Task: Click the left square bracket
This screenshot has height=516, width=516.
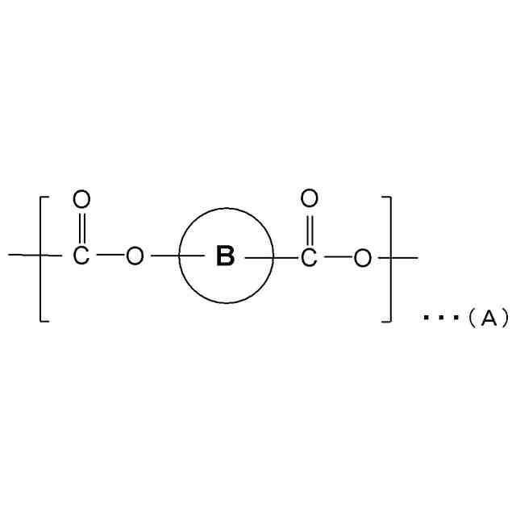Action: pos(40,258)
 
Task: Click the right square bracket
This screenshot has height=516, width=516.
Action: pos(391,258)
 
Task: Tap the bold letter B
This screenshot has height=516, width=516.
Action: pos(226,257)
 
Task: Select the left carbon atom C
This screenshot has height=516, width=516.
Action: pos(81,257)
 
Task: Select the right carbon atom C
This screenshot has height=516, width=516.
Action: pos(309,257)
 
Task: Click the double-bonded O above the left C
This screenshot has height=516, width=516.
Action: pos(81,198)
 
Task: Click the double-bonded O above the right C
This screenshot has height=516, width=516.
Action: pos(309,198)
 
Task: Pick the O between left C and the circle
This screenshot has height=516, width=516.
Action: pos(135,257)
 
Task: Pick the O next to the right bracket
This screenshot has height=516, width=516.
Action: pos(364,257)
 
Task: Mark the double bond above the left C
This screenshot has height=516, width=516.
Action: pos(81,227)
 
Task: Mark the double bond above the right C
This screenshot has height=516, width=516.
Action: pos(309,227)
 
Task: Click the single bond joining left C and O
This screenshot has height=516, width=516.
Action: pos(108,257)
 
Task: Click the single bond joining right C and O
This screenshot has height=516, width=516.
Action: pos(336,257)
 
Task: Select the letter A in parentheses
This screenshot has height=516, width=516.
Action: pos(488,318)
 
